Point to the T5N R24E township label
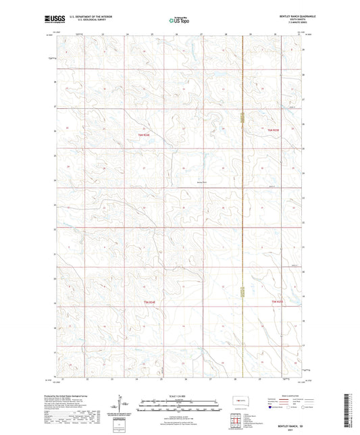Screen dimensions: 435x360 [x=143, y=136]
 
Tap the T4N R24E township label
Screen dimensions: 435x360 [x=149, y=301]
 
